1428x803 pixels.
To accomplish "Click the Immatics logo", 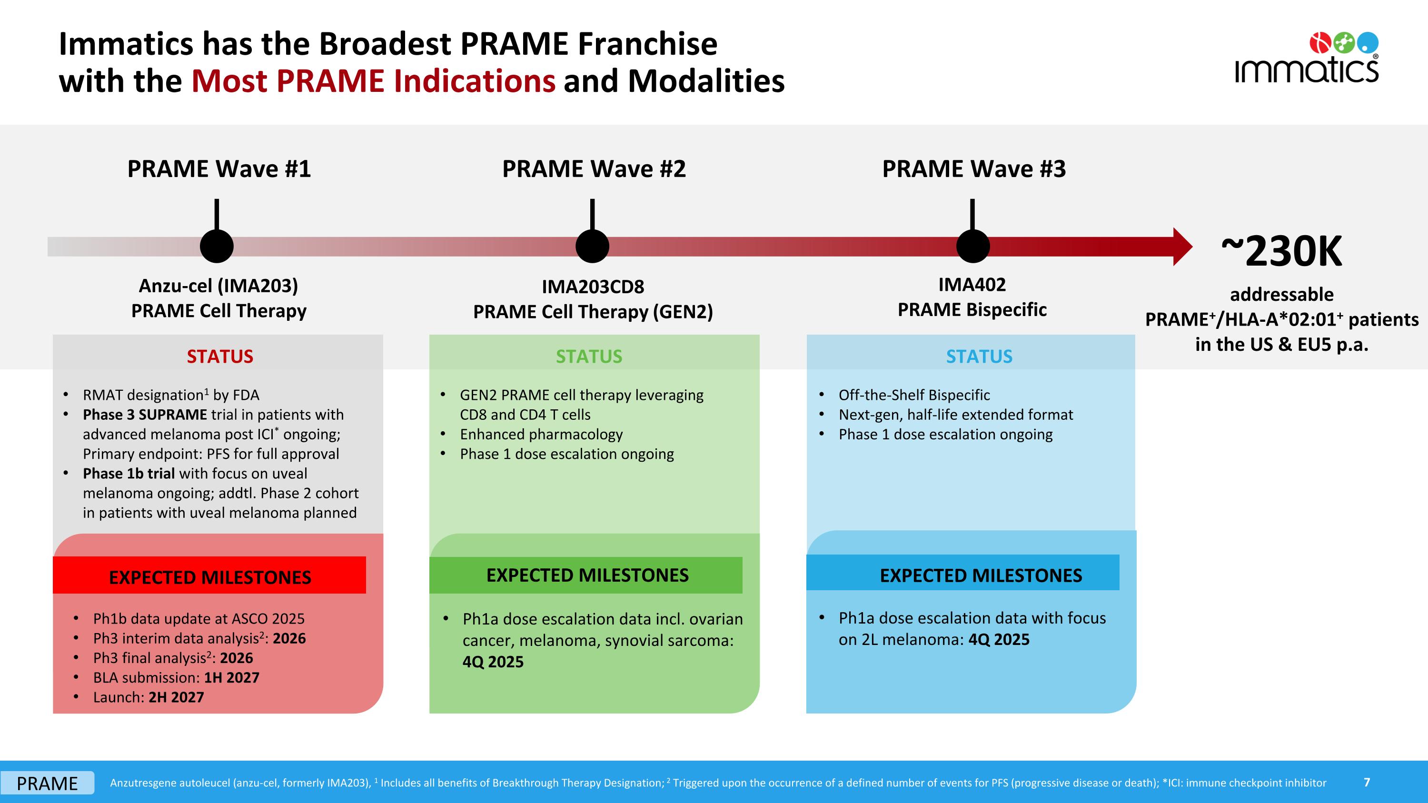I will pyautogui.click(x=1307, y=58).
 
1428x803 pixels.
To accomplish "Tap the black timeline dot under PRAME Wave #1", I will pyautogui.click(x=217, y=246).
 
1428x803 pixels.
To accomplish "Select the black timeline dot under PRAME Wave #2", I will pyautogui.click(x=592, y=246).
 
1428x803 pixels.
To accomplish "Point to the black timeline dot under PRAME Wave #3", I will pyautogui.click(x=972, y=246).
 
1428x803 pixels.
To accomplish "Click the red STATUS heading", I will pyautogui.click(x=219, y=357).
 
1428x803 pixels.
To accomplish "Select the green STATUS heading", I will pyautogui.click(x=589, y=357).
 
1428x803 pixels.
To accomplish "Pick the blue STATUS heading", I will pyautogui.click(x=979, y=357).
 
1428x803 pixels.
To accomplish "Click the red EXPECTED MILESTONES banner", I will pyautogui.click(x=209, y=576).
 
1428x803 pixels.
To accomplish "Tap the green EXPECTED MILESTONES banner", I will pyautogui.click(x=586, y=575).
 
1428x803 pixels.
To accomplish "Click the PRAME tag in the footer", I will pyautogui.click(x=47, y=783).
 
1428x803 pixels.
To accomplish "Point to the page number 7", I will pyautogui.click(x=1367, y=782).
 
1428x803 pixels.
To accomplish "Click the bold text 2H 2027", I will pyautogui.click(x=176, y=697).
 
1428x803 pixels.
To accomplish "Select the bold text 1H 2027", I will pyautogui.click(x=231, y=678).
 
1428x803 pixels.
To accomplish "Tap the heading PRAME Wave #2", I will pyautogui.click(x=594, y=169).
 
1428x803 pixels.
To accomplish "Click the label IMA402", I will pyautogui.click(x=972, y=284).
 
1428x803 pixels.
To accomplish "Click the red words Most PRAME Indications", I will pyautogui.click(x=373, y=81).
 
